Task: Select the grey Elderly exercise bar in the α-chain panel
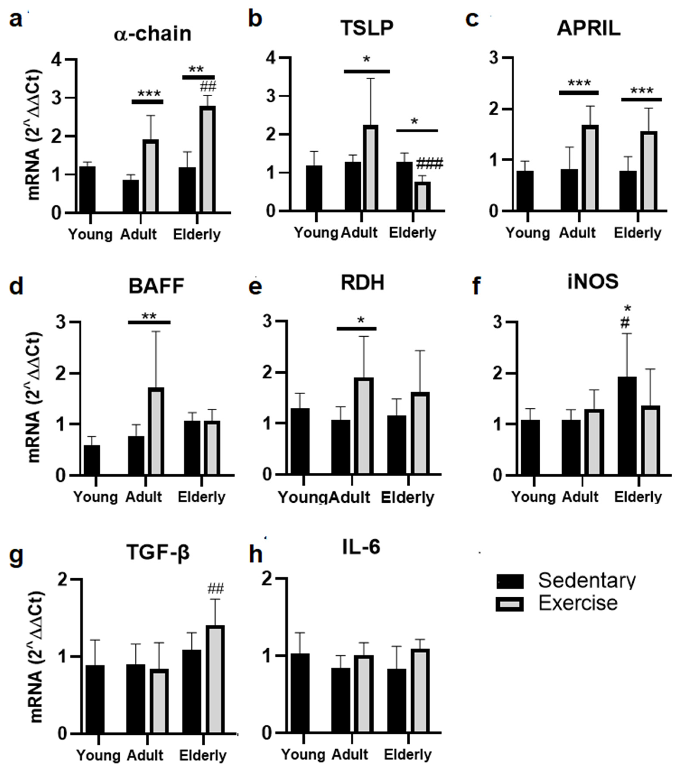[208, 159]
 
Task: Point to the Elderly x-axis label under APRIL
[637, 233]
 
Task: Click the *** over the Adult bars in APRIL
[579, 83]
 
